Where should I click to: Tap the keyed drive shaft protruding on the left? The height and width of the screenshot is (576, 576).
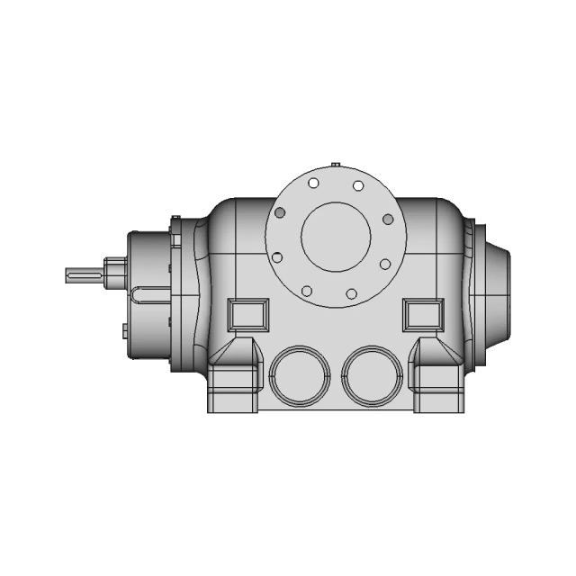pyautogui.click(x=85, y=275)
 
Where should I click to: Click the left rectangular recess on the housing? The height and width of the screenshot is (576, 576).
pyautogui.click(x=247, y=314)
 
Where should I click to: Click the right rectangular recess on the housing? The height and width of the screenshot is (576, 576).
pyautogui.click(x=422, y=314)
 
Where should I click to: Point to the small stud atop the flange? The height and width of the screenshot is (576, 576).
pyautogui.click(x=335, y=165)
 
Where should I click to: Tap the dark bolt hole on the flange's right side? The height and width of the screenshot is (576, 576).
pyautogui.click(x=388, y=219)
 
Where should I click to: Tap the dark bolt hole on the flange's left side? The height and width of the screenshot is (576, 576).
pyautogui.click(x=280, y=212)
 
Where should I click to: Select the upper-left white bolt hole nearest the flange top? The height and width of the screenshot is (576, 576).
pyautogui.click(x=313, y=184)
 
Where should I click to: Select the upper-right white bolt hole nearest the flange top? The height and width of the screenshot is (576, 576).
pyautogui.click(x=358, y=185)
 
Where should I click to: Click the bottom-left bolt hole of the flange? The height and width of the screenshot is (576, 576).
pyautogui.click(x=307, y=291)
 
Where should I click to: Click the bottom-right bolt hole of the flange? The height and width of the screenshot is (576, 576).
pyautogui.click(x=352, y=293)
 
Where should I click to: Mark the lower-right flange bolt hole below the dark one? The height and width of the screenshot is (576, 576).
pyautogui.click(x=385, y=264)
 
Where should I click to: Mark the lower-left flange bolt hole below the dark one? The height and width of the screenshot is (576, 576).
pyautogui.click(x=277, y=257)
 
